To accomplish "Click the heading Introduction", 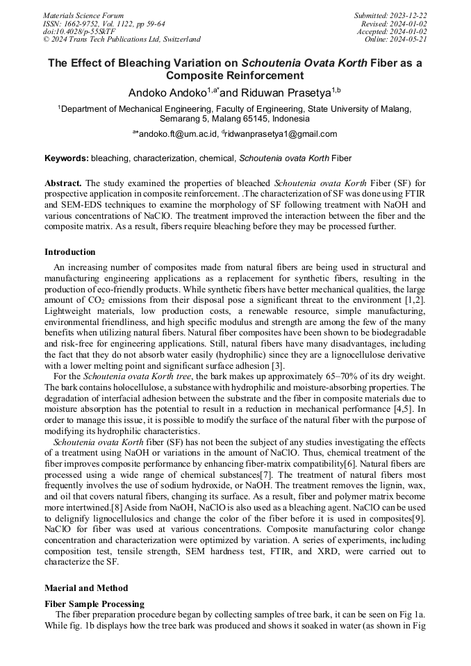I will point(70,252).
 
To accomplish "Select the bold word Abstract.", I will point(63,181).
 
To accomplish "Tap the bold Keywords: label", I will point(67,158).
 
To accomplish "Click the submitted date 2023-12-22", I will point(410,15).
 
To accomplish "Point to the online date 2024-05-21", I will point(410,40).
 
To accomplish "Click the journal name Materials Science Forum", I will point(83,15).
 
